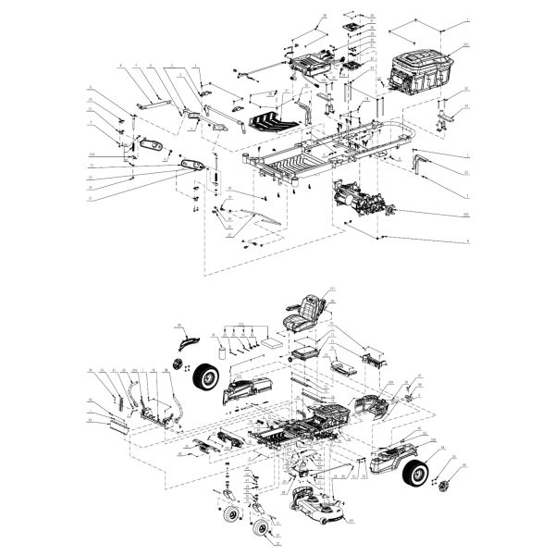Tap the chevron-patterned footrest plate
[x=277, y=118]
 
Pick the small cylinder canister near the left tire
[x=223, y=351]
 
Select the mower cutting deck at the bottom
[x=317, y=504]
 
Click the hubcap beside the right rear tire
[x=447, y=487]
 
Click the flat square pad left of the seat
[x=272, y=340]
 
